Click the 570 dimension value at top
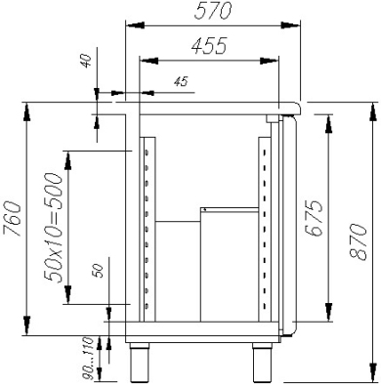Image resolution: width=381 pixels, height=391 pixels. click(213, 11)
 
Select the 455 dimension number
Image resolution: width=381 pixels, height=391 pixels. click(209, 46)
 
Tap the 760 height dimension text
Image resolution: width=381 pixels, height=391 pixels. click(12, 219)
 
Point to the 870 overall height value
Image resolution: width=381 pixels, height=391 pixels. click(358, 241)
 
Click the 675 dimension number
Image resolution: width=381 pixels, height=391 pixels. click(314, 218)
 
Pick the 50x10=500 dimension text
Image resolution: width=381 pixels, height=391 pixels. click(54, 228)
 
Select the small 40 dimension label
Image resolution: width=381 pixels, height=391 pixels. click(87, 62)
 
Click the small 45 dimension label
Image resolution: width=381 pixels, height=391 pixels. click(181, 81)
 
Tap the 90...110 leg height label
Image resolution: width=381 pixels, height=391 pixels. click(88, 359)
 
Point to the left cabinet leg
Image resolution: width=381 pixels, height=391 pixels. click(141, 363)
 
